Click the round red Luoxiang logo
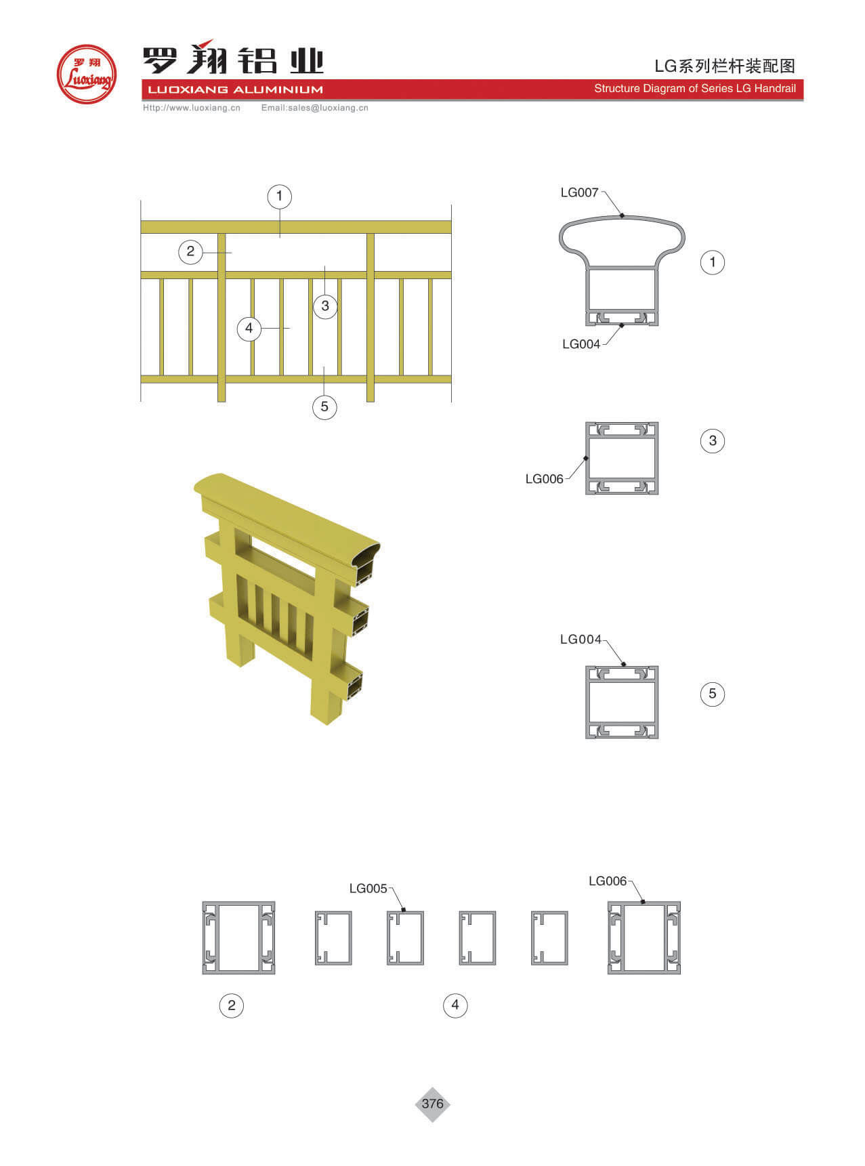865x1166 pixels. (87, 74)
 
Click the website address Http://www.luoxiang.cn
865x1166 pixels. (192, 108)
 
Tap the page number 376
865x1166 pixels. (432, 1104)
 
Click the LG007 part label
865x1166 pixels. (579, 192)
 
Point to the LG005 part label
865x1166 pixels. (368, 888)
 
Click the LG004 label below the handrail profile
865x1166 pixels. (581, 344)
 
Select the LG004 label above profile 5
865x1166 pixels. (581, 640)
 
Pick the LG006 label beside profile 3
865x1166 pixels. (544, 479)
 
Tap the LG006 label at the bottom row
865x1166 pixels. (608, 881)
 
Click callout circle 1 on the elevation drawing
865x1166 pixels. (279, 196)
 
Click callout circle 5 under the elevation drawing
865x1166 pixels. (324, 407)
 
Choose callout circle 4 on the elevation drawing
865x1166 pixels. (249, 329)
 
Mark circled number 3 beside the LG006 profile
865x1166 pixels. (712, 441)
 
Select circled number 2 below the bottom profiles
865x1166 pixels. (232, 1005)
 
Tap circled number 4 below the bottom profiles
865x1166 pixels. (455, 1005)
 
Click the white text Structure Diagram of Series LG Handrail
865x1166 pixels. (695, 89)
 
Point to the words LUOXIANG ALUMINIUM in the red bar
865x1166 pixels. (235, 89)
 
